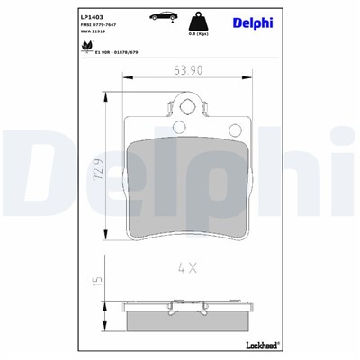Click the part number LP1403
point(91,15)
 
